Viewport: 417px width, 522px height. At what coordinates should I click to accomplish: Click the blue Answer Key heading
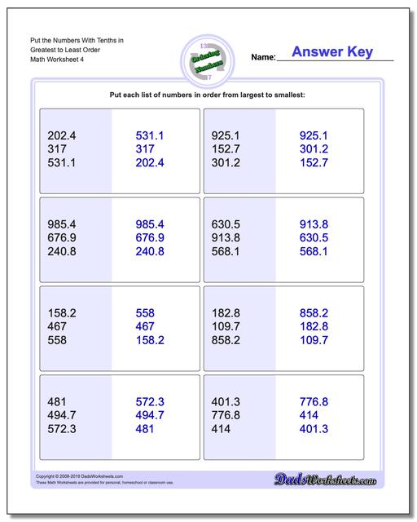(x=332, y=52)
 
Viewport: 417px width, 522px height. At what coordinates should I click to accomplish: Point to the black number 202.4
(x=63, y=135)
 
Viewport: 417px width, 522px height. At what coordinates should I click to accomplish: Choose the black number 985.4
(x=63, y=224)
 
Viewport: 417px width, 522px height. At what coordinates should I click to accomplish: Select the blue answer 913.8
(x=314, y=224)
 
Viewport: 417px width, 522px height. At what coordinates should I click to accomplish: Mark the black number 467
(x=58, y=326)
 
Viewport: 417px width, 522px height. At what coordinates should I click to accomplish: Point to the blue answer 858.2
(x=314, y=312)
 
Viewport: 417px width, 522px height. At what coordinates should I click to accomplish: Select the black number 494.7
(x=63, y=415)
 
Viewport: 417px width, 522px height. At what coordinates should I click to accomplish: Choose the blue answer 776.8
(x=314, y=401)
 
